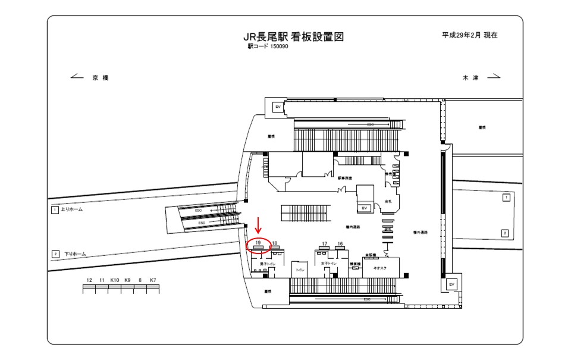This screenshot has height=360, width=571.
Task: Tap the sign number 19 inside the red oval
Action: coord(258,243)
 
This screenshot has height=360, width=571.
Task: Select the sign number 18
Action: coord(274,243)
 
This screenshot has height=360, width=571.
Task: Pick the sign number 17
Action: coord(324,243)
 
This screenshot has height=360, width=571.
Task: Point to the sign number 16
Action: coord(340,243)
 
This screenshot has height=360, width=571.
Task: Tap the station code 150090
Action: coord(279,46)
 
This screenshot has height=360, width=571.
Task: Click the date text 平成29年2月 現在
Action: coord(469,35)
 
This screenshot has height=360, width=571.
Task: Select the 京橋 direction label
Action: coord(101,78)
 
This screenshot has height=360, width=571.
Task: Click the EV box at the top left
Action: coord(277,107)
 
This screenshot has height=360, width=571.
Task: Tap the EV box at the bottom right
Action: coord(451,284)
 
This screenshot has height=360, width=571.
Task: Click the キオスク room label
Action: coord(379,269)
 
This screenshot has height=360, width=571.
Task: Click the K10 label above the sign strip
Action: coord(115,280)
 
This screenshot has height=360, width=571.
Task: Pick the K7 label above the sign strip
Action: coord(153,280)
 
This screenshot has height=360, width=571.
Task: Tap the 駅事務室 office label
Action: coord(346,178)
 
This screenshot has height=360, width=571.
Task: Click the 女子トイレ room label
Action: coord(328,262)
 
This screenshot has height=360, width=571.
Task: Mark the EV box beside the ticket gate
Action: coord(364,208)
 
